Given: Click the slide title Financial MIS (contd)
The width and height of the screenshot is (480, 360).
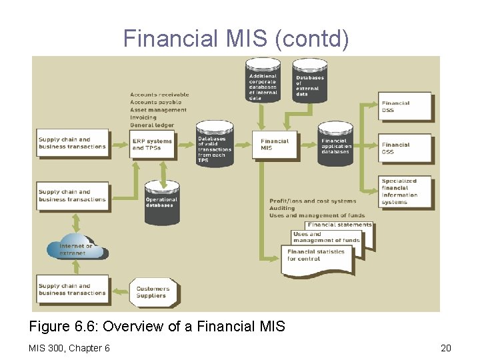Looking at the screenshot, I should click(x=236, y=39).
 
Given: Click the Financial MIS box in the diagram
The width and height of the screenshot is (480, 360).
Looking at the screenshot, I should click(x=275, y=145).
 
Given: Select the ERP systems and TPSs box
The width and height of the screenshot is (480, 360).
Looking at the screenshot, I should click(x=152, y=145).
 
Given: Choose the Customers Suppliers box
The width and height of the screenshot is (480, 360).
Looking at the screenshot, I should click(x=153, y=292).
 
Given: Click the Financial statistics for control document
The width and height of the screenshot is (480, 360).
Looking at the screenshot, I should click(x=316, y=255).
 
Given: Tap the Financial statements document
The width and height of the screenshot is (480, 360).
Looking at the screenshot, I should click(x=339, y=225).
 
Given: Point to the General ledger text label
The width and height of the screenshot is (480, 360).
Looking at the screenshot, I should click(x=152, y=125).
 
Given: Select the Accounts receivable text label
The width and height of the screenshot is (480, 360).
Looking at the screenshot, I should click(x=159, y=95).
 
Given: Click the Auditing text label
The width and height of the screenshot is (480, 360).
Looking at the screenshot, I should click(x=282, y=208).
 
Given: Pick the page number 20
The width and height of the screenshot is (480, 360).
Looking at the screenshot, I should click(x=445, y=347).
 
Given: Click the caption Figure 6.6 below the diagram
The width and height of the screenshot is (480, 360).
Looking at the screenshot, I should click(x=157, y=327).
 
